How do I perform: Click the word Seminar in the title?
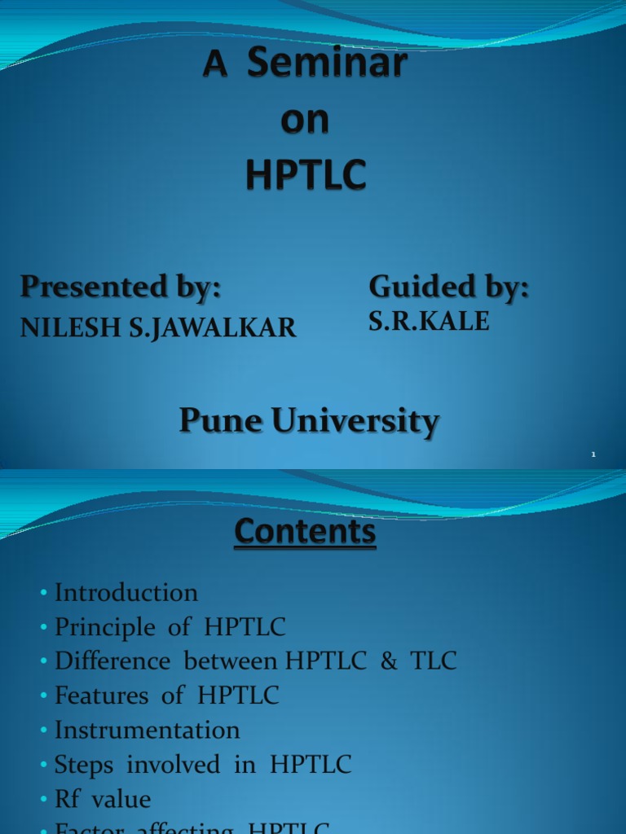click(x=326, y=64)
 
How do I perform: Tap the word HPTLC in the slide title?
click(x=306, y=175)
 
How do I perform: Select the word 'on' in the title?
click(x=306, y=120)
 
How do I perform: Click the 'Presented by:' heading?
click(x=121, y=287)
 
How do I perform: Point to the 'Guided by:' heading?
click(x=449, y=287)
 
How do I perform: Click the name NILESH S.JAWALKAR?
click(x=158, y=327)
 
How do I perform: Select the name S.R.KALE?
click(x=429, y=322)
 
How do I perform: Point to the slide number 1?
click(x=594, y=455)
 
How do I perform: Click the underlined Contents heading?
click(x=306, y=533)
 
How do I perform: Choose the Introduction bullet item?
click(x=126, y=592)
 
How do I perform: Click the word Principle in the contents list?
click(x=104, y=627)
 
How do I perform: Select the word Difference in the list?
click(x=113, y=661)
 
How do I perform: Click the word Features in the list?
click(x=102, y=696)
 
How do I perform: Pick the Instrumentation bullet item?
click(x=147, y=730)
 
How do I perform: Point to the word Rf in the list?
click(x=67, y=799)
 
